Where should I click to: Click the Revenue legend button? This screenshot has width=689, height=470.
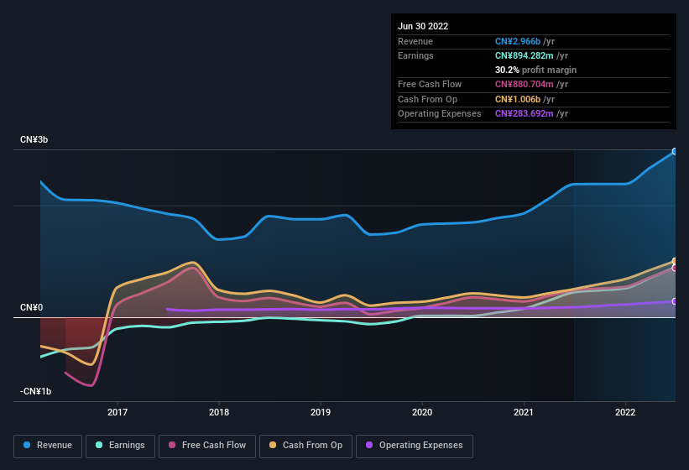click(49, 446)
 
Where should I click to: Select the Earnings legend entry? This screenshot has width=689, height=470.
click(120, 446)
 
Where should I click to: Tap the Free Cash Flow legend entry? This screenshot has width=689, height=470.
click(207, 446)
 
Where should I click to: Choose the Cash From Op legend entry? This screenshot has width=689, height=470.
click(305, 446)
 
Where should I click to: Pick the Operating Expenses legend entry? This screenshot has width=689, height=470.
click(414, 446)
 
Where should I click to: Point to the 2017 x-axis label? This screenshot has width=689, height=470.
click(117, 413)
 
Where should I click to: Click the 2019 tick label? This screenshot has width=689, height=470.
click(321, 413)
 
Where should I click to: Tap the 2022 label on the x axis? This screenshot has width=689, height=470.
click(624, 413)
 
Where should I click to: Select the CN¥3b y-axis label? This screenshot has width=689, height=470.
click(34, 139)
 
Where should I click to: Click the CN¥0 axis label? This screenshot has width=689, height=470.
click(31, 308)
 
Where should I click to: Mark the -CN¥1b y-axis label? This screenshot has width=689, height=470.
click(36, 391)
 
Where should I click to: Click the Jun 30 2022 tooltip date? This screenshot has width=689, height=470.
click(423, 26)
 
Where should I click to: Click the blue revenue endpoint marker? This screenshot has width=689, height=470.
click(675, 152)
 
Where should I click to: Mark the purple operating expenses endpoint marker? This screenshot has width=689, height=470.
click(675, 301)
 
